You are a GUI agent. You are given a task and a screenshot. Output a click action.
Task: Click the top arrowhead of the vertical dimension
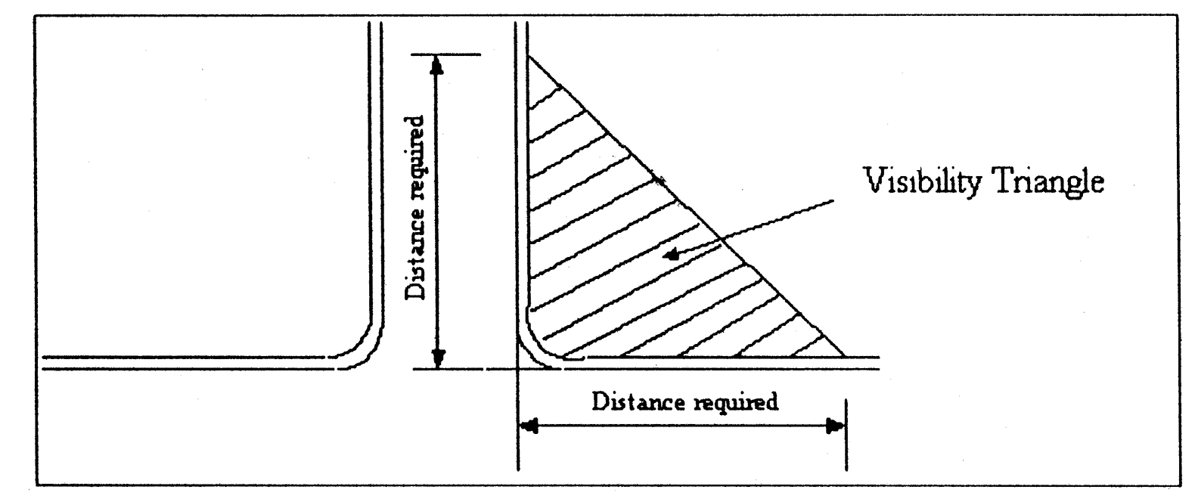click(x=436, y=66)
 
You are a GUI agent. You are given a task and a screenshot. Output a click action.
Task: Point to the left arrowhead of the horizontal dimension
click(x=530, y=427)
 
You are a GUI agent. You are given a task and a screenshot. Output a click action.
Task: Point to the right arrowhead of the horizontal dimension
click(x=835, y=427)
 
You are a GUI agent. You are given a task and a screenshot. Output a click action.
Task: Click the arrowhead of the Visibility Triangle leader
click(x=668, y=256)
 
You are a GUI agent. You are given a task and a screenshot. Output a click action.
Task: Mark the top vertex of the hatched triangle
click(x=529, y=56)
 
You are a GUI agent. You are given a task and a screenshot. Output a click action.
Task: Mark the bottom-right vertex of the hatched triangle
click(x=844, y=355)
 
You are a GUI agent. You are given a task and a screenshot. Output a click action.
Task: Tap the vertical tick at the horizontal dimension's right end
click(x=846, y=435)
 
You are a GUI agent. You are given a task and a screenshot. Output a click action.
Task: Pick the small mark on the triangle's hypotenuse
click(x=663, y=181)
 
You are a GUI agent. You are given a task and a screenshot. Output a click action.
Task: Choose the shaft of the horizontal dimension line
click(x=681, y=427)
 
